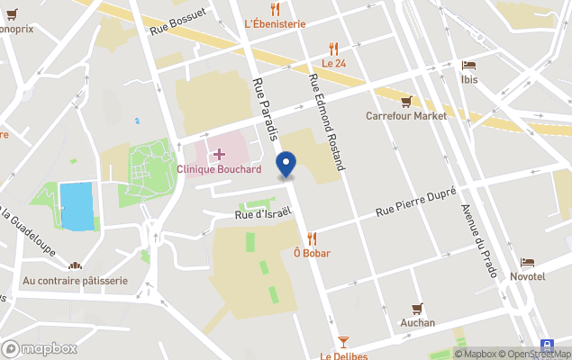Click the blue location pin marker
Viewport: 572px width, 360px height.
286,164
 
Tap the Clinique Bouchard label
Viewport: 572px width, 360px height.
219,169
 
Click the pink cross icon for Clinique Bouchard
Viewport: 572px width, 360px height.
219,155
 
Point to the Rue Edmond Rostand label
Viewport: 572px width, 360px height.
327,121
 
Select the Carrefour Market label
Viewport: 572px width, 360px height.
406,115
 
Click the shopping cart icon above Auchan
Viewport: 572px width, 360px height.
416,309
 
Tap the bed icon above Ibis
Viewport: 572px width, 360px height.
468,65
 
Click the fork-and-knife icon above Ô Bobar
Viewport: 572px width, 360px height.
312,238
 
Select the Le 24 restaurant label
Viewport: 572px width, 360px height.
334,63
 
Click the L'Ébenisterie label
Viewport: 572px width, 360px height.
275,23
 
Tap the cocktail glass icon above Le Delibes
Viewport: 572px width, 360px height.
343,341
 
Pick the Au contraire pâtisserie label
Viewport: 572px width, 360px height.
76,281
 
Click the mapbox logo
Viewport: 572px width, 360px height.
40,348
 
